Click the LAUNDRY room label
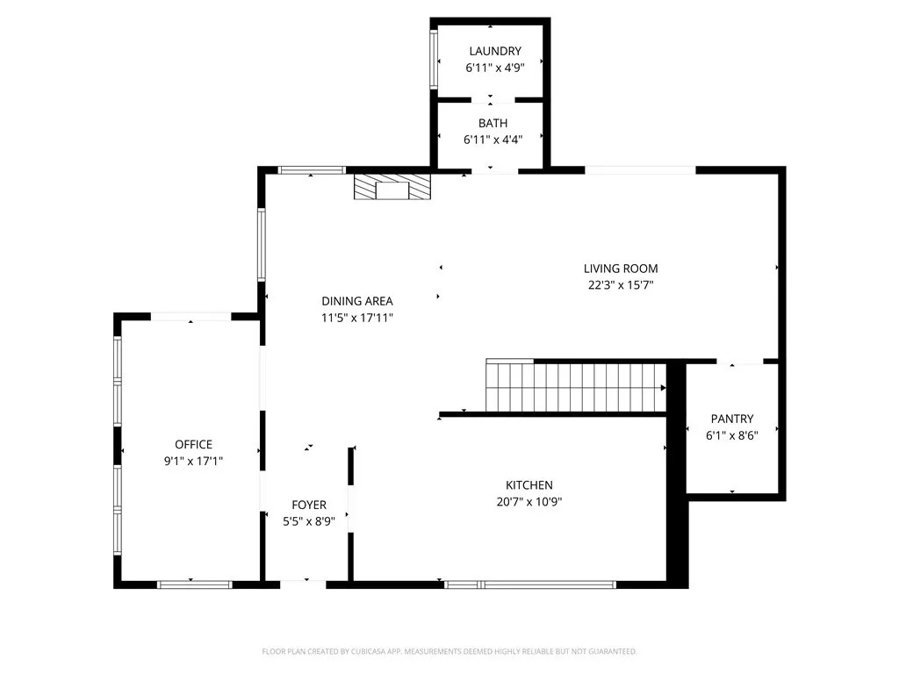pyautogui.click(x=494, y=51)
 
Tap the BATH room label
pyautogui.click(x=493, y=124)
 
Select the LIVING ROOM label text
pyautogui.click(x=621, y=269)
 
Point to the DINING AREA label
pyautogui.click(x=356, y=301)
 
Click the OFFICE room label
pyautogui.click(x=193, y=444)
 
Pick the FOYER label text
pyautogui.click(x=309, y=505)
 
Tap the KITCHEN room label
pyautogui.click(x=529, y=485)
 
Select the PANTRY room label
pyautogui.click(x=732, y=419)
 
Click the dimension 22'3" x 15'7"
pyautogui.click(x=621, y=284)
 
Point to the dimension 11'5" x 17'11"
pyautogui.click(x=356, y=318)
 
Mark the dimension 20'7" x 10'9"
pyautogui.click(x=529, y=502)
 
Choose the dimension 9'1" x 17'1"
pyautogui.click(x=193, y=460)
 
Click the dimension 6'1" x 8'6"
pyautogui.click(x=732, y=434)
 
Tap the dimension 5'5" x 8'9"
pyautogui.click(x=309, y=520)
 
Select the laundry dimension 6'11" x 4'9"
pyautogui.click(x=494, y=67)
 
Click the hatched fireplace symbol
pyautogui.click(x=392, y=188)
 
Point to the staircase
pyautogui.click(x=576, y=387)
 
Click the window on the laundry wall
pyautogui.click(x=433, y=60)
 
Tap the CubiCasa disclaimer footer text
pyautogui.click(x=449, y=651)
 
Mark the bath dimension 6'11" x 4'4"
pyautogui.click(x=493, y=140)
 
